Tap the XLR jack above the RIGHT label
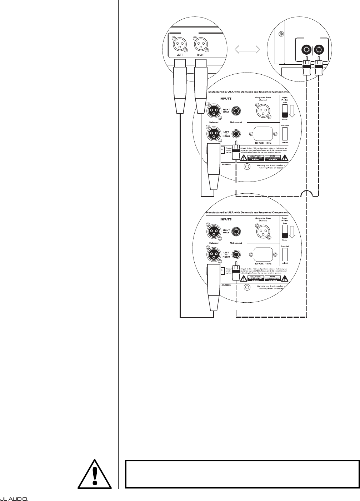(x=201, y=45)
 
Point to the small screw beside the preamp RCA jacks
(x=281, y=34)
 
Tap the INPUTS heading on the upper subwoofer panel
(x=216, y=98)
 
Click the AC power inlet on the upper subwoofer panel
(x=263, y=134)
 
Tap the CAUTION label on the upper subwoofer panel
(x=256, y=157)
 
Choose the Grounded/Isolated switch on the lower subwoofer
(x=285, y=254)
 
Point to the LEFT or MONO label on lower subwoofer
(x=226, y=254)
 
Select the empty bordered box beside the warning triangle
(x=241, y=474)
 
